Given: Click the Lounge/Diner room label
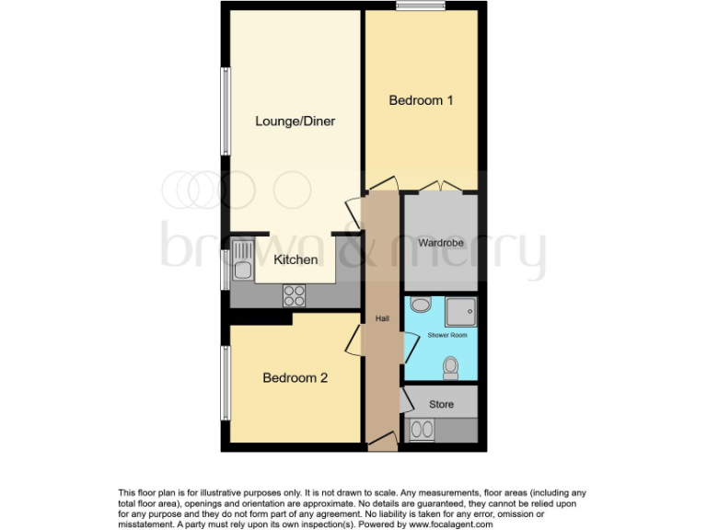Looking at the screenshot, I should click(295, 121).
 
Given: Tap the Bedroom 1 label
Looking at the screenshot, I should click(421, 100).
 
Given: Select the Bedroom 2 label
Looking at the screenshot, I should click(295, 377).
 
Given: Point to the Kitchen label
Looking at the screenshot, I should click(296, 259).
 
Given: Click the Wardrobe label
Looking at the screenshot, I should click(440, 244).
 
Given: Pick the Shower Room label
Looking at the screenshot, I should click(446, 336).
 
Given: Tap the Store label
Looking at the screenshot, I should click(442, 404).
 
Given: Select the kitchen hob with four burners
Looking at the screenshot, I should click(295, 295).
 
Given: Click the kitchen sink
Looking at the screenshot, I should click(243, 259).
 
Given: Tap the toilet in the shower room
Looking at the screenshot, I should click(450, 368).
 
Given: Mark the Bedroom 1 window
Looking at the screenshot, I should click(422, 6).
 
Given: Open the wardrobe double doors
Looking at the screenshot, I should click(440, 188).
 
